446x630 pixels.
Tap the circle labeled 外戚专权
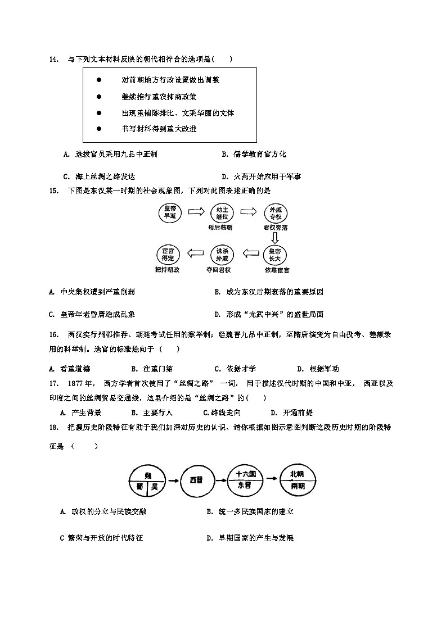pos(276,212)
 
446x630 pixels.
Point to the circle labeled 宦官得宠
pos(168,255)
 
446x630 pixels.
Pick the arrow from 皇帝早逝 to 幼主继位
pos(195,212)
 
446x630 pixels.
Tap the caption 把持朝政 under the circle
pos(168,270)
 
